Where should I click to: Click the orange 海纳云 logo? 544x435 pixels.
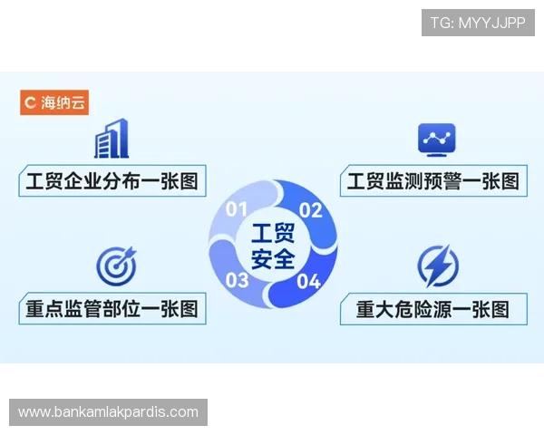pos(54,102)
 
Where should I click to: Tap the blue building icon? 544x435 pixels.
pos(111,139)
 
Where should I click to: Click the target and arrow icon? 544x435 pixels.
pos(115,264)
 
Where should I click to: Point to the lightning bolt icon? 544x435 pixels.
pos(437,266)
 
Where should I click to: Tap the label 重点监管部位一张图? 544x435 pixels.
pos(112,309)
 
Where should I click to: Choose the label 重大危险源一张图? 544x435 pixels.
pos(432,309)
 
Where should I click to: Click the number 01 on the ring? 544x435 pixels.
pos(237,209)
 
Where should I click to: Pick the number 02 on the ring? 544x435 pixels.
pos(311,211)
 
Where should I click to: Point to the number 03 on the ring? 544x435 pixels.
pos(238,279)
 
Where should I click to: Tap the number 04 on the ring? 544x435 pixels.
pos(309,280)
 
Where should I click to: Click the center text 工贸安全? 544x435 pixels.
pos(273,246)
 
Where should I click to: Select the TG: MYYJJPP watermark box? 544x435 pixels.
pos(479,22)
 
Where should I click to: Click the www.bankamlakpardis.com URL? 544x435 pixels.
pos(108,412)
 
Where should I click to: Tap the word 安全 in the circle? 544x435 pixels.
pos(273,259)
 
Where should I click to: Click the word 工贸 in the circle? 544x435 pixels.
pos(273,232)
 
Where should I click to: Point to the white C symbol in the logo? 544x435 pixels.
pos(30,102)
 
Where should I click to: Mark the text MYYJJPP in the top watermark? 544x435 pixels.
pos(491,22)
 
